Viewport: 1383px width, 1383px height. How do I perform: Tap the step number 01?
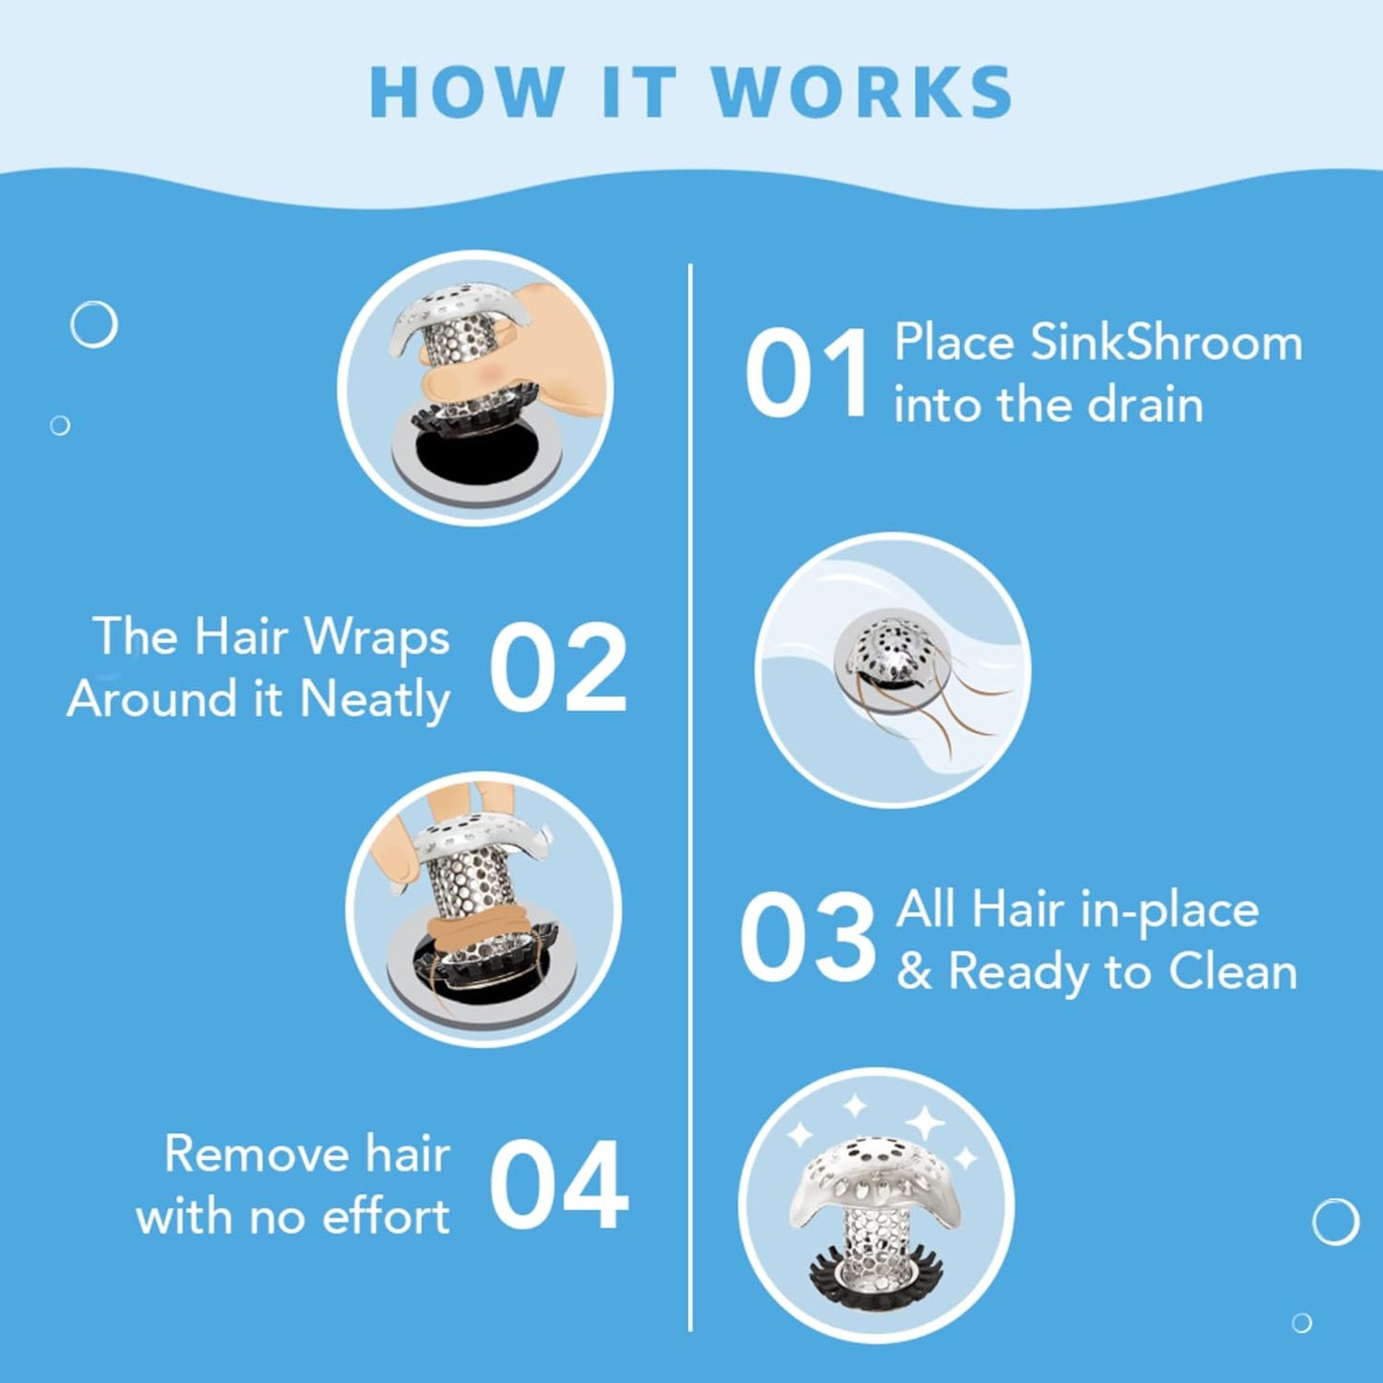[x=806, y=373]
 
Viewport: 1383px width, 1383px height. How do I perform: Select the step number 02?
[x=558, y=668]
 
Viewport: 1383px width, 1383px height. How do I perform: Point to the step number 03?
[x=807, y=938]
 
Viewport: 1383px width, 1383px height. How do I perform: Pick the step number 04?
[x=558, y=1185]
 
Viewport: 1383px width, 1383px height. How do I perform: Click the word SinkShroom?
[x=1166, y=343]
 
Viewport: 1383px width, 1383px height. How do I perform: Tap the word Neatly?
[x=374, y=700]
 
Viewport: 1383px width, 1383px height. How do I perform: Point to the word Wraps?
[x=376, y=638]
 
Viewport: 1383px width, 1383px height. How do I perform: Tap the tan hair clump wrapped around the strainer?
[x=469, y=927]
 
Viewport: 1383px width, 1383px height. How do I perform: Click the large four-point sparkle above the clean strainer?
[x=926, y=1122]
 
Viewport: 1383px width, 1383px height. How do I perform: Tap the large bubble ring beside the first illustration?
[x=94, y=324]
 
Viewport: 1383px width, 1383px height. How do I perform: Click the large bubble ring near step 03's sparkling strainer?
[x=1335, y=1221]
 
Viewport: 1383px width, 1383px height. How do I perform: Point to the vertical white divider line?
[x=690, y=794]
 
